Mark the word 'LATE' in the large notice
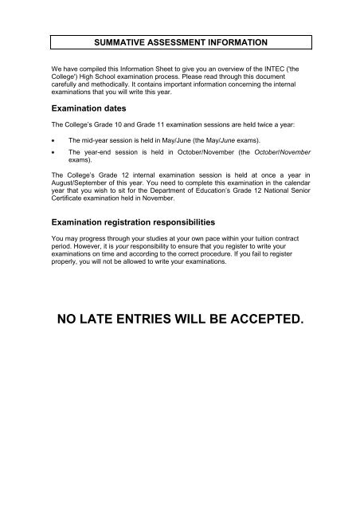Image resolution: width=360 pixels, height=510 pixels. [x=109, y=320]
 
